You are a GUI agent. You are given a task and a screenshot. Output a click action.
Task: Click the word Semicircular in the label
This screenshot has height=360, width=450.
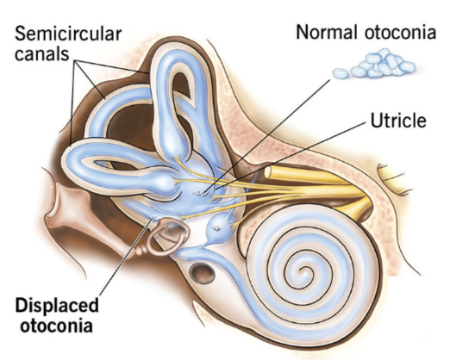(68, 34)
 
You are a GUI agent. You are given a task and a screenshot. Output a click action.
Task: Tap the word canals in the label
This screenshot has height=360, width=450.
(42, 53)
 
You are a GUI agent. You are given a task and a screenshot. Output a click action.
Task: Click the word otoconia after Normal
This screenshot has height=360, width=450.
(401, 32)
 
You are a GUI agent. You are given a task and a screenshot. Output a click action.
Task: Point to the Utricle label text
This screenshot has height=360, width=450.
(398, 120)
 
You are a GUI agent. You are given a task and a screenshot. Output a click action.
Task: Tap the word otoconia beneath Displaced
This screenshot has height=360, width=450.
(57, 326)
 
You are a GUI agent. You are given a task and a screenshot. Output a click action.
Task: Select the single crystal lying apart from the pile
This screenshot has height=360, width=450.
(341, 74)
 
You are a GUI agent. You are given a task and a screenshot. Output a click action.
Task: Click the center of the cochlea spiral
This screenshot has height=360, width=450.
(302, 270)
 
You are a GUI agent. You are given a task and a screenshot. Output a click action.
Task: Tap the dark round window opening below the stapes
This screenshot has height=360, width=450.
(203, 273)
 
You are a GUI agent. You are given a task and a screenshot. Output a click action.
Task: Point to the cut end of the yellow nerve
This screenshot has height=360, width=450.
(268, 172)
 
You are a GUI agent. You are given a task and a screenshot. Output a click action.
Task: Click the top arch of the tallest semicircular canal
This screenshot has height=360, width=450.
(178, 53)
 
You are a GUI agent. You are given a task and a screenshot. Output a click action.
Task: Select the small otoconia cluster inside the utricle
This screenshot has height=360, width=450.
(201, 194)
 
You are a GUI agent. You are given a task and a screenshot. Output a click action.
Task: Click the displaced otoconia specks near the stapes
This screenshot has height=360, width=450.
(153, 218)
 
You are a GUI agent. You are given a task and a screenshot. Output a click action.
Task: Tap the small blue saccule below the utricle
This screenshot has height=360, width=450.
(218, 227)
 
